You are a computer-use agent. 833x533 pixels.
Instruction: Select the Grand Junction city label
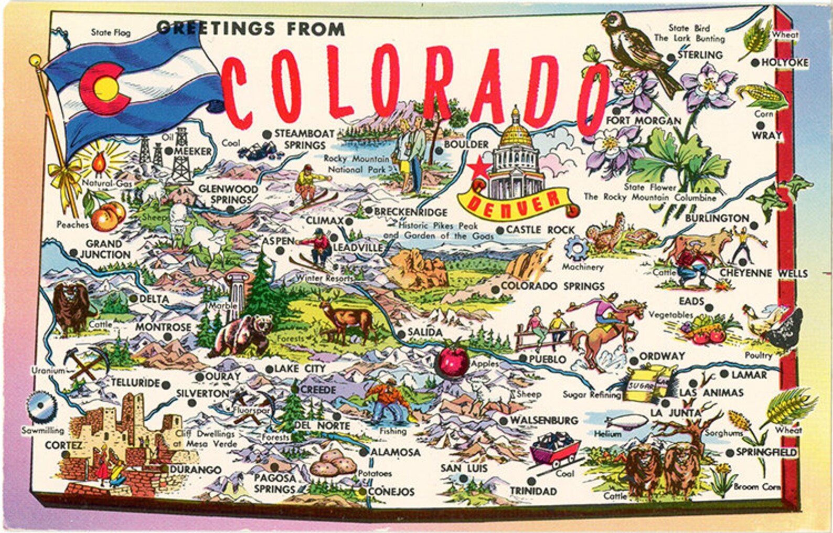tap(104, 249)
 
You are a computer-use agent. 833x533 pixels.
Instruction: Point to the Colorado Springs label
tap(552, 286)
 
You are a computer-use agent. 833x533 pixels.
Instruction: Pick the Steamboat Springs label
tap(304, 140)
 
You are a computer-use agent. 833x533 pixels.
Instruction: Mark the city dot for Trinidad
tap(531, 481)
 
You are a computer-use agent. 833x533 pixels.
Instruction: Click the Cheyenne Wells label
tap(763, 273)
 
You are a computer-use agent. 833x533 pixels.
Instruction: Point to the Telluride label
tap(135, 383)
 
